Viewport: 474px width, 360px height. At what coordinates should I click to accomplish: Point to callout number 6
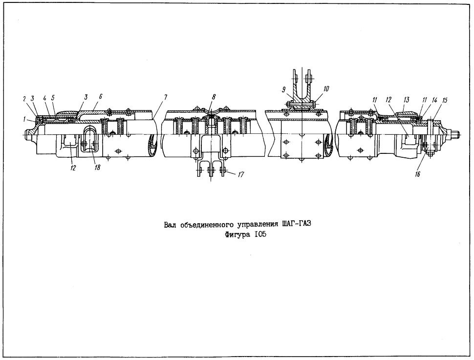(100, 96)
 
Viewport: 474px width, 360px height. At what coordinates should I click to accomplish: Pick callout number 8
(214, 97)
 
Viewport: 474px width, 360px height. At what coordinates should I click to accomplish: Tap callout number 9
(283, 89)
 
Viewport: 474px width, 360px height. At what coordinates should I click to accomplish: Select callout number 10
(325, 89)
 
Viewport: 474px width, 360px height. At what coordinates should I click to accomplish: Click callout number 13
(407, 100)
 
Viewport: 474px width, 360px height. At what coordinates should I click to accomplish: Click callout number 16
(417, 174)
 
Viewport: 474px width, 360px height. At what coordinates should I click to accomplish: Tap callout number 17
(241, 174)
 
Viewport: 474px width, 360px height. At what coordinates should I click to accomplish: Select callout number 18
(97, 167)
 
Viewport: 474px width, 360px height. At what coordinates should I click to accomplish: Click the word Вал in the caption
(170, 225)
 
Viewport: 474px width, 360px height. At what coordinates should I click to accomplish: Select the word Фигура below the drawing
(237, 235)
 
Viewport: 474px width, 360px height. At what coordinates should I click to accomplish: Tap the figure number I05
(260, 234)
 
